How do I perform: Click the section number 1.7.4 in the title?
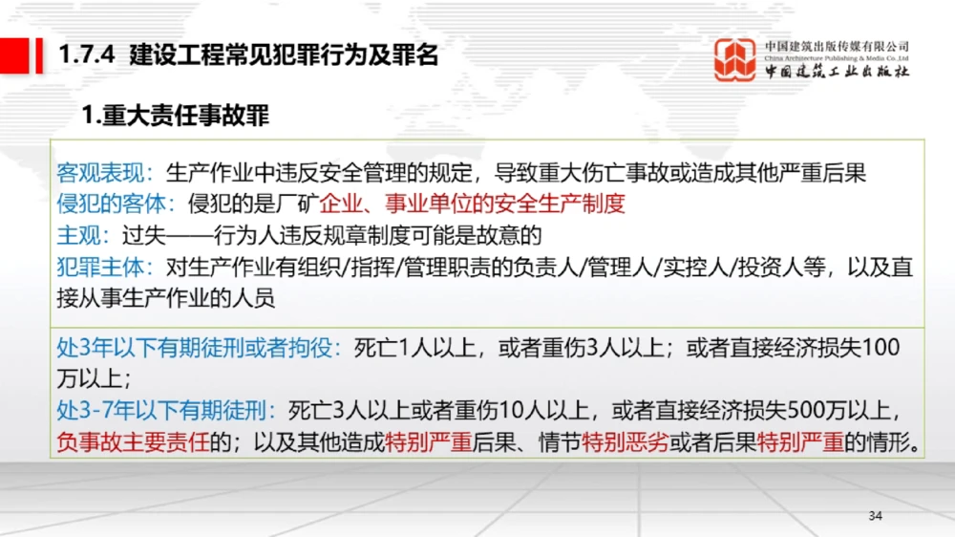(x=87, y=55)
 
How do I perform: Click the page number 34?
(x=876, y=516)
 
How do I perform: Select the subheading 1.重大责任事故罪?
(x=176, y=117)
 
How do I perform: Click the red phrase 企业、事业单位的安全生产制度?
(x=473, y=203)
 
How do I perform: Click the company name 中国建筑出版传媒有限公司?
(x=837, y=46)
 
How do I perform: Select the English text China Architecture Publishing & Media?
(x=837, y=58)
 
